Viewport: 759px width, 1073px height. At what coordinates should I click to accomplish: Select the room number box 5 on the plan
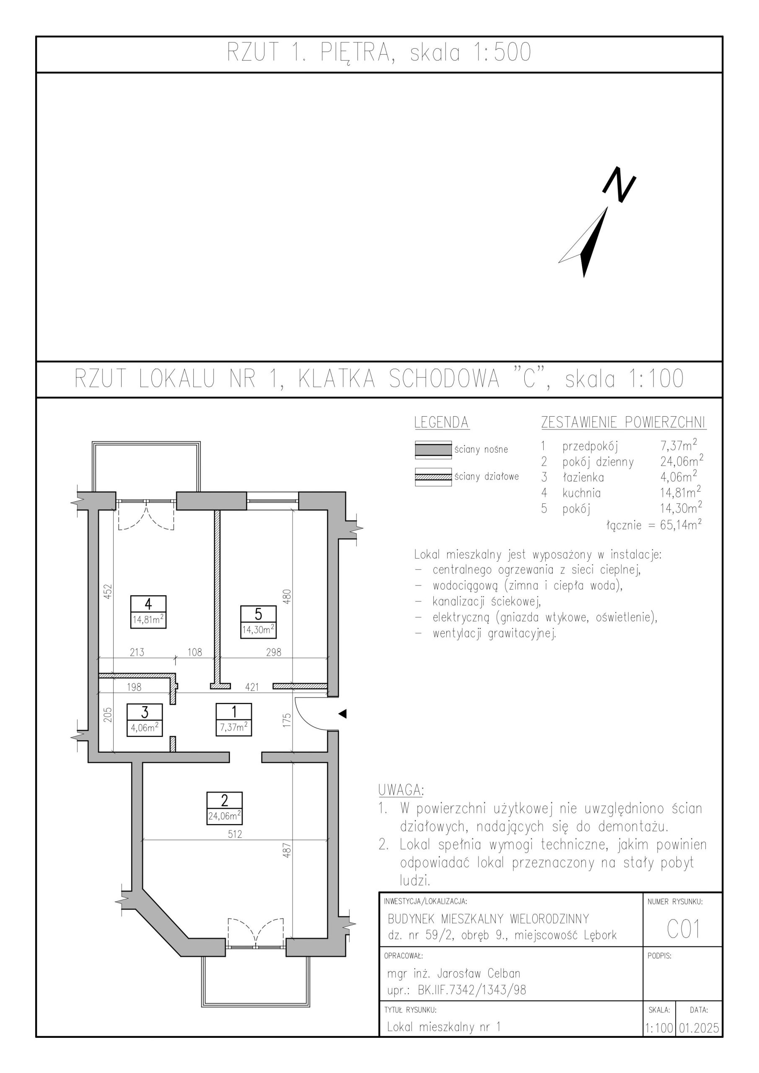(258, 614)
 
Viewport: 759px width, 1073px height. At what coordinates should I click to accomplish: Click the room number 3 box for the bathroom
(145, 712)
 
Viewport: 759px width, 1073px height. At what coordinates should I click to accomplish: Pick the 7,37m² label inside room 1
(234, 728)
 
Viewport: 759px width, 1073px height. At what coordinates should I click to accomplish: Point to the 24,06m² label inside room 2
(224, 816)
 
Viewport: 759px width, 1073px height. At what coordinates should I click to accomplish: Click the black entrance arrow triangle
(342, 714)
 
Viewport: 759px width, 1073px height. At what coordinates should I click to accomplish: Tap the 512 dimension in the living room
(235, 834)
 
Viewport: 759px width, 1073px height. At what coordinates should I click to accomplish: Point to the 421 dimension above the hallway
(252, 687)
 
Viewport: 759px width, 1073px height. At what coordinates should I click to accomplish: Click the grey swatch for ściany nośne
(433, 450)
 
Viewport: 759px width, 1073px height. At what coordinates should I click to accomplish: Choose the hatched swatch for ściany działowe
(433, 477)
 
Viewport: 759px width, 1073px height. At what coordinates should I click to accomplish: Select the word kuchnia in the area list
(582, 492)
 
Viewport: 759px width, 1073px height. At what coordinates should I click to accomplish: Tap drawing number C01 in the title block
(683, 930)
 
